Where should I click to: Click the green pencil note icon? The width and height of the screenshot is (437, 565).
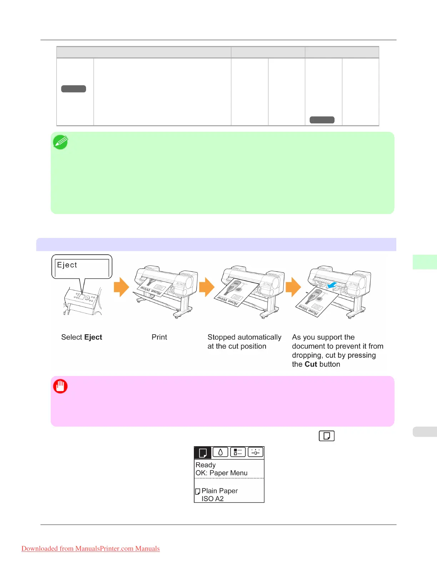point(60,142)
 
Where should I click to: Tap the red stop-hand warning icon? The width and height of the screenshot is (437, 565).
point(60,386)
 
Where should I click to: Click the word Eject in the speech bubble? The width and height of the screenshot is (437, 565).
point(67,265)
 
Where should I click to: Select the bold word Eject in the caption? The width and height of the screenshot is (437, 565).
point(93,337)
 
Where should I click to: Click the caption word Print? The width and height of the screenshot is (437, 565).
point(159,337)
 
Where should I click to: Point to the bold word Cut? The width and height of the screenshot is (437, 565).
point(311,365)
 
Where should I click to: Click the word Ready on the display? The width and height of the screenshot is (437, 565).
point(206,465)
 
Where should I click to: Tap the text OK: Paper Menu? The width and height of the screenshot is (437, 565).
point(221,473)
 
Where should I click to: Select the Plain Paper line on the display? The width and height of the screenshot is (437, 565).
point(219,491)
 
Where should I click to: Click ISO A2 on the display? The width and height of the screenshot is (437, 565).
point(212,499)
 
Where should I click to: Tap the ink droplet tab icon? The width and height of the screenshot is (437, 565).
point(220,452)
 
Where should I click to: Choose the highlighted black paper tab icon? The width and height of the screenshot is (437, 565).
point(203,453)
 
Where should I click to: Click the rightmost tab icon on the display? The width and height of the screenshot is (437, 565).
point(255,452)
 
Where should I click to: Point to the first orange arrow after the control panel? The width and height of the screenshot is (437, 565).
point(121,287)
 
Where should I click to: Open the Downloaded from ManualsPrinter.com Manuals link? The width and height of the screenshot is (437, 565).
point(90,549)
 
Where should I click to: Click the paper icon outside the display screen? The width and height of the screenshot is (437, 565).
point(326,436)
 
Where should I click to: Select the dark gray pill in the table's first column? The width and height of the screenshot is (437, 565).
point(74,89)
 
